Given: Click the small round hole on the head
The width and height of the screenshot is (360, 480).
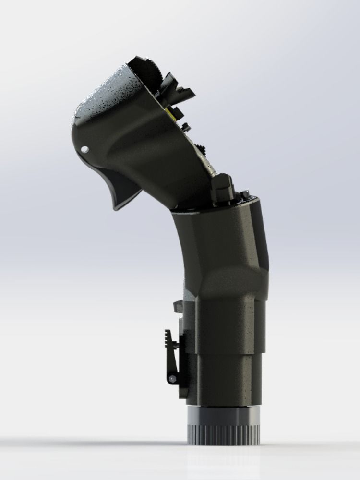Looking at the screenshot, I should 85,149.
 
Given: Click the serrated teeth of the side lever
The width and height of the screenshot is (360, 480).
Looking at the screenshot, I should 168,339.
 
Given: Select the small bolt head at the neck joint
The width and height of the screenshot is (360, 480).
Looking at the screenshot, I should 246,193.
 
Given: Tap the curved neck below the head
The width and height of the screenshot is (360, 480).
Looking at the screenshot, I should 190,250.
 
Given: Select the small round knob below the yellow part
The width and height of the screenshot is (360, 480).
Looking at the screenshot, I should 185,127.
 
